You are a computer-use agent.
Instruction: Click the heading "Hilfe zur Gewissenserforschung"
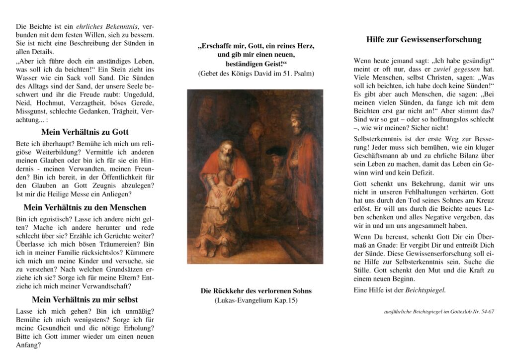[424, 40]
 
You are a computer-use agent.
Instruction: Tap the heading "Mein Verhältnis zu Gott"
[85, 132]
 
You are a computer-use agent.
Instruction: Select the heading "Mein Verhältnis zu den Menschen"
[85, 207]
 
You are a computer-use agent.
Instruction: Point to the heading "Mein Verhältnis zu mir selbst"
[85, 299]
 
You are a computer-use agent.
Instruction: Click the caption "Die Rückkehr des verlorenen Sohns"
[256, 291]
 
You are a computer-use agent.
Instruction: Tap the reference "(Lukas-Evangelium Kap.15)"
[256, 300]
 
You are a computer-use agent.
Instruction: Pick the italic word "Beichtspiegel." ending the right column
[426, 289]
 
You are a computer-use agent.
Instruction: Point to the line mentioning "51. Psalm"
[256, 74]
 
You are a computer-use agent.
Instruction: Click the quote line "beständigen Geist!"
[256, 64]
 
